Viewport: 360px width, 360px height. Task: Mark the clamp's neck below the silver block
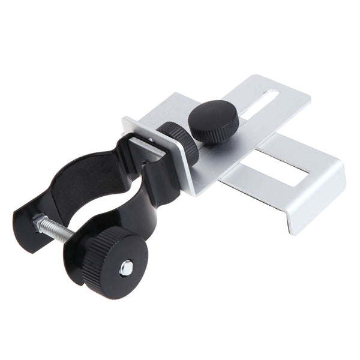pyautogui.click(x=135, y=162)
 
